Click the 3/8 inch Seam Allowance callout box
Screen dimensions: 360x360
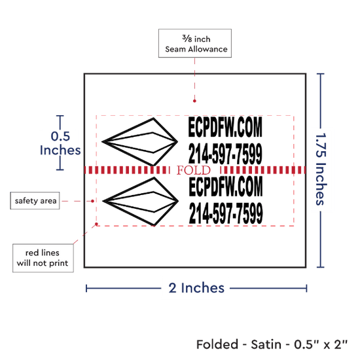tap(195, 43)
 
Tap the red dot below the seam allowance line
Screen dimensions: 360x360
tap(194, 101)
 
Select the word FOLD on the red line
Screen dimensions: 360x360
tap(194, 170)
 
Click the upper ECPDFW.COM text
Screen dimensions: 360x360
tap(225, 127)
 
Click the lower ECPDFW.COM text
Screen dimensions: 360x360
tap(226, 186)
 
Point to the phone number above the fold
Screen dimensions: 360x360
tap(225, 153)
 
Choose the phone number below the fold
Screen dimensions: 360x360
tap(226, 213)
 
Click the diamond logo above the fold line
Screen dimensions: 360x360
tap(139, 142)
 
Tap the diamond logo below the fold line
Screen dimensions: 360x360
tap(140, 201)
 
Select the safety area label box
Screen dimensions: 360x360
tap(35, 201)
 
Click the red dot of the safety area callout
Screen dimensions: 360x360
tap(92, 201)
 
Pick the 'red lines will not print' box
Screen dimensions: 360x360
tap(43, 258)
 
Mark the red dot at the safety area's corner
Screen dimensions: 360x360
tap(96, 224)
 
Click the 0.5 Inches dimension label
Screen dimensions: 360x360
tap(60, 143)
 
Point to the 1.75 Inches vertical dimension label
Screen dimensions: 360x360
tap(321, 169)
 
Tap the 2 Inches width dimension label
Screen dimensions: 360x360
tap(196, 288)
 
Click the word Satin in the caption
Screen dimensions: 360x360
tap(266, 344)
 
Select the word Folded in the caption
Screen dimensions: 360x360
tap(217, 344)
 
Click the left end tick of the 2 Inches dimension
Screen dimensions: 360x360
tap(86, 289)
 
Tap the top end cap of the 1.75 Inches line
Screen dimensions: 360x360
tap(321, 74)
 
